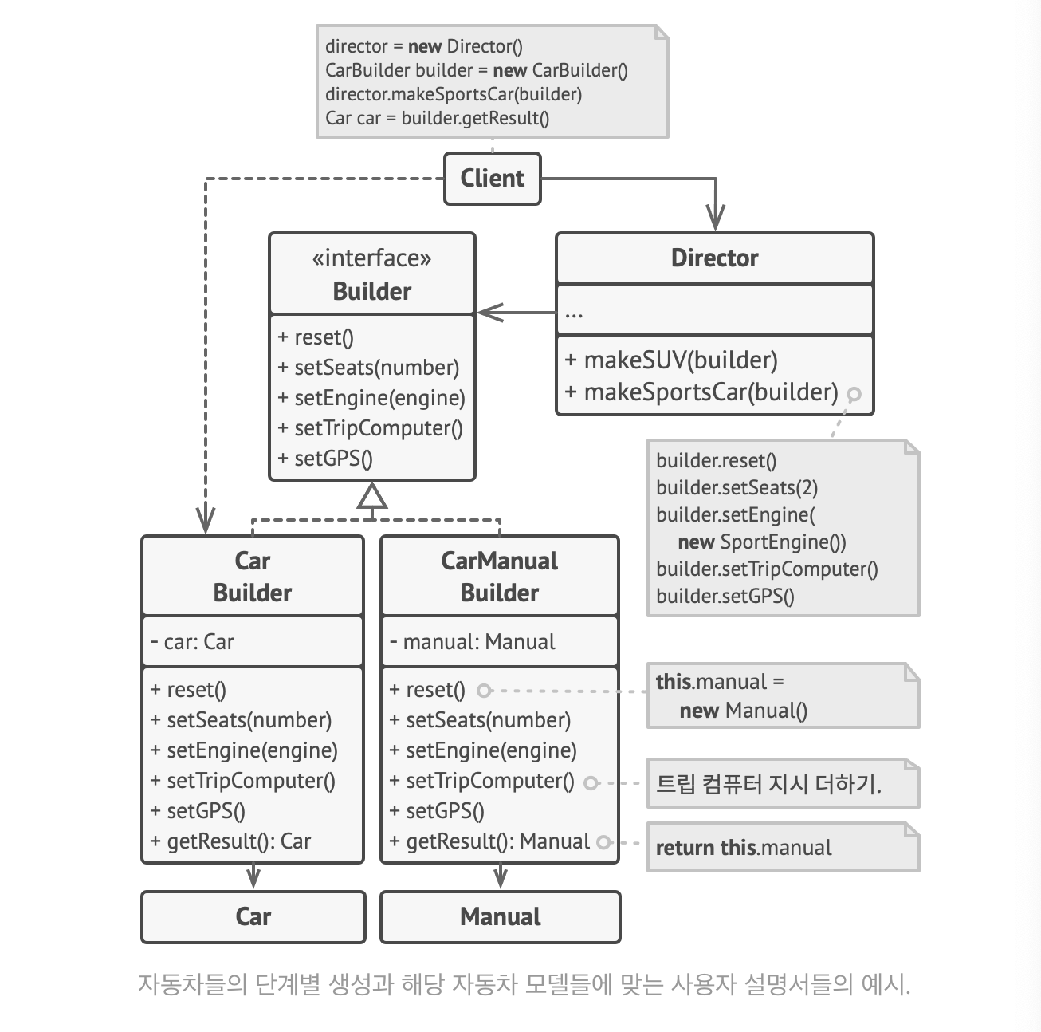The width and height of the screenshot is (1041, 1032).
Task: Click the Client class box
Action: tap(492, 179)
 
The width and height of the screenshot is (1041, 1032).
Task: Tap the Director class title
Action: tap(714, 258)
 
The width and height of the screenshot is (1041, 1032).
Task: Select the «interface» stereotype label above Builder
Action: tap(371, 258)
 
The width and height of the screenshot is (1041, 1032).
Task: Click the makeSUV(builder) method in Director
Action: tap(670, 360)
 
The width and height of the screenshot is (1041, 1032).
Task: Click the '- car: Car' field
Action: tap(192, 642)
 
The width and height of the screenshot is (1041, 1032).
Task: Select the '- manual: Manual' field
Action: tap(472, 642)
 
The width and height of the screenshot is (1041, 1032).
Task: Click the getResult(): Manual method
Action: tap(489, 841)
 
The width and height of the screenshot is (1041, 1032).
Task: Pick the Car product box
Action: tap(253, 916)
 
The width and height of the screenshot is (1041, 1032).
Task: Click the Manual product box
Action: tap(500, 916)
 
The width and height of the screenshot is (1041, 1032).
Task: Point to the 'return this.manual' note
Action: tap(744, 848)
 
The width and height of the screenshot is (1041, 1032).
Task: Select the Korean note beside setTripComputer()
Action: tap(768, 784)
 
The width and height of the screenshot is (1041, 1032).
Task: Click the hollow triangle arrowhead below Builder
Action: tap(372, 497)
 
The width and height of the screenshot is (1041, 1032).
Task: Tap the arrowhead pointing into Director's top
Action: tap(715, 218)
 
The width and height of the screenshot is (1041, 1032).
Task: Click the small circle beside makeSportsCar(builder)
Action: tap(854, 394)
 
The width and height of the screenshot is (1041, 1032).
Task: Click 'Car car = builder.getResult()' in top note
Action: tap(437, 119)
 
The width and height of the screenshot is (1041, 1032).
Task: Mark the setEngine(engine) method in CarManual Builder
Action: tap(483, 750)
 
